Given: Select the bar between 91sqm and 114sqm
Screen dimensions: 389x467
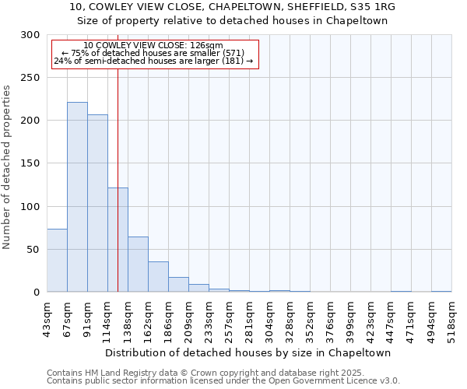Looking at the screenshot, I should coord(97,203).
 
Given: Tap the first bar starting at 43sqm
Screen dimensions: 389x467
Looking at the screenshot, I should coord(57,261).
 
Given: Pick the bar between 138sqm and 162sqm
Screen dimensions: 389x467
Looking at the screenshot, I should coord(138,265).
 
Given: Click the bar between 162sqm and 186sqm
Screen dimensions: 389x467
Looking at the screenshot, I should coord(158,277).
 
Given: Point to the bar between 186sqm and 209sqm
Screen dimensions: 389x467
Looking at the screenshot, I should coord(178,285).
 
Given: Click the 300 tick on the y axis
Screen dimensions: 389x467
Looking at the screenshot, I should coord(30,35).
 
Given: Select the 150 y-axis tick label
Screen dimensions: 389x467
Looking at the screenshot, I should coord(30,163).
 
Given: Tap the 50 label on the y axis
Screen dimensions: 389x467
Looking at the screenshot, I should coord(33,250).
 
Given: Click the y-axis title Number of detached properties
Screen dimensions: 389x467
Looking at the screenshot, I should coord(7,167).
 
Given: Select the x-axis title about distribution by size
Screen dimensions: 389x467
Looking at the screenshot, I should coord(249,352).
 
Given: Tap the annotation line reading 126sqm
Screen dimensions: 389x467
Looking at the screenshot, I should coord(153,46).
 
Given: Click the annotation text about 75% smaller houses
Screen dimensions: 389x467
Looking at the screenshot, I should coord(153,53).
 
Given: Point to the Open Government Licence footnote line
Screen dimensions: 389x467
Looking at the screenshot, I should coord(223,380).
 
